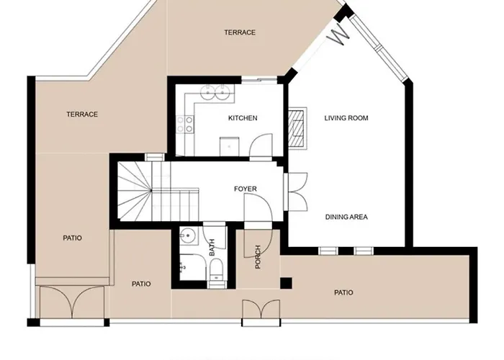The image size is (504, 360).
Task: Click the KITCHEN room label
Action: pyautogui.click(x=243, y=118)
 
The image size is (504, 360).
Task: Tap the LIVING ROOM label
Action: pyautogui.click(x=346, y=118)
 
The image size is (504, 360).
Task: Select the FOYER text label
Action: pyautogui.click(x=246, y=189)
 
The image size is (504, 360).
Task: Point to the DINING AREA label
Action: pyautogui.click(x=347, y=216)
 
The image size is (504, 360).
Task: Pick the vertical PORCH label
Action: pyautogui.click(x=258, y=257)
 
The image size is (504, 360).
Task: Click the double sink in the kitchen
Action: pyautogui.click(x=215, y=91)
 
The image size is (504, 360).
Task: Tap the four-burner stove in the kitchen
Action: pyautogui.click(x=189, y=124)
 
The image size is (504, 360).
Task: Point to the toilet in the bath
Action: pyautogui.click(x=216, y=273)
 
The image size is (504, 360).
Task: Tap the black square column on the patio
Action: pyautogui.click(x=286, y=282)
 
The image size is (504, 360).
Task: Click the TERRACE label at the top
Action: pyautogui.click(x=240, y=32)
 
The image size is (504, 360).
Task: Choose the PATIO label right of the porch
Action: pyautogui.click(x=344, y=292)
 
